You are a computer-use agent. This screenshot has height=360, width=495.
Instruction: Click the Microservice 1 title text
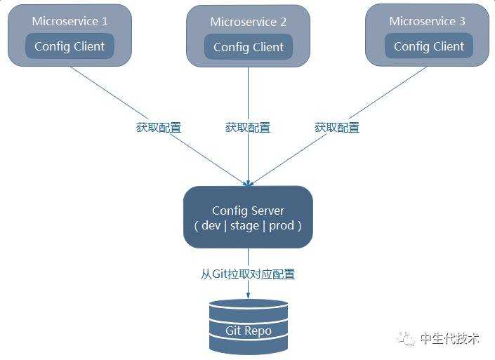coord(70,21)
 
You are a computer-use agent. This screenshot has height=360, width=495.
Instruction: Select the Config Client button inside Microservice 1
coord(70,47)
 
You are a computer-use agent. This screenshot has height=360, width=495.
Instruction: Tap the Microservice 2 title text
coord(249,22)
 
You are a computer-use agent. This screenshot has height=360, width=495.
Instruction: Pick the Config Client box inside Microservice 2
coord(249,48)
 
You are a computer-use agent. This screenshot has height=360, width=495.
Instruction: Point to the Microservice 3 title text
coord(428,21)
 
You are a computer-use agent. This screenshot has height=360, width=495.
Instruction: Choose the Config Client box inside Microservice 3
coord(429,47)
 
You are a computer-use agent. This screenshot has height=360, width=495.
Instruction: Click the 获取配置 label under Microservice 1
coord(159,128)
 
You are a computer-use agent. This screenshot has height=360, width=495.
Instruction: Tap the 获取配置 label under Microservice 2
coord(248,128)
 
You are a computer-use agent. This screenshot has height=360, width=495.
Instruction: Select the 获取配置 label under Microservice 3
coord(337,128)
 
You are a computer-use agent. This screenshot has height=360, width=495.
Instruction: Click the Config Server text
coord(248,211)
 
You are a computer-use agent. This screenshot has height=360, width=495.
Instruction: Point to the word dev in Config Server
coord(211,226)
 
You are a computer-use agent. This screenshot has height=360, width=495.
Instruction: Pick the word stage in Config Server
coord(245,226)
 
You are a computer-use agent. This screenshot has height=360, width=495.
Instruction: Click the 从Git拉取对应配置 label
coord(248,274)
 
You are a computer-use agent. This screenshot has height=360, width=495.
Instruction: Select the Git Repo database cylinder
coord(249,326)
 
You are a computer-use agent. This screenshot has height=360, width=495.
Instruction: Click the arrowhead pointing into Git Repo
coord(248,295)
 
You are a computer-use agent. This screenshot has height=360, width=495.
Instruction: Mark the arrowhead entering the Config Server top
coord(248,182)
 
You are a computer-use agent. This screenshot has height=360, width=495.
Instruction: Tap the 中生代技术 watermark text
coord(449,338)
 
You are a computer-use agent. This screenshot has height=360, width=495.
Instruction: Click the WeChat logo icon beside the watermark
coord(407,338)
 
